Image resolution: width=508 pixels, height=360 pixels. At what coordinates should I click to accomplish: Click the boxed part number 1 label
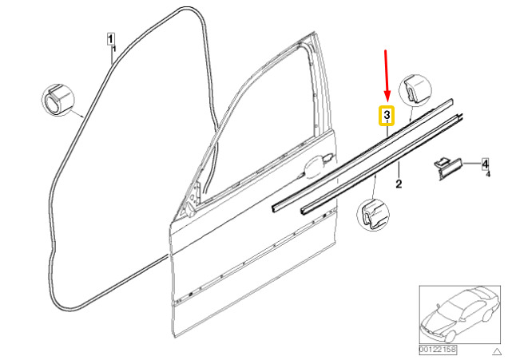(x=112, y=38)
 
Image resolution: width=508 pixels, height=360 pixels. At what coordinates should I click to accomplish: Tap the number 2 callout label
(x=398, y=184)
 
